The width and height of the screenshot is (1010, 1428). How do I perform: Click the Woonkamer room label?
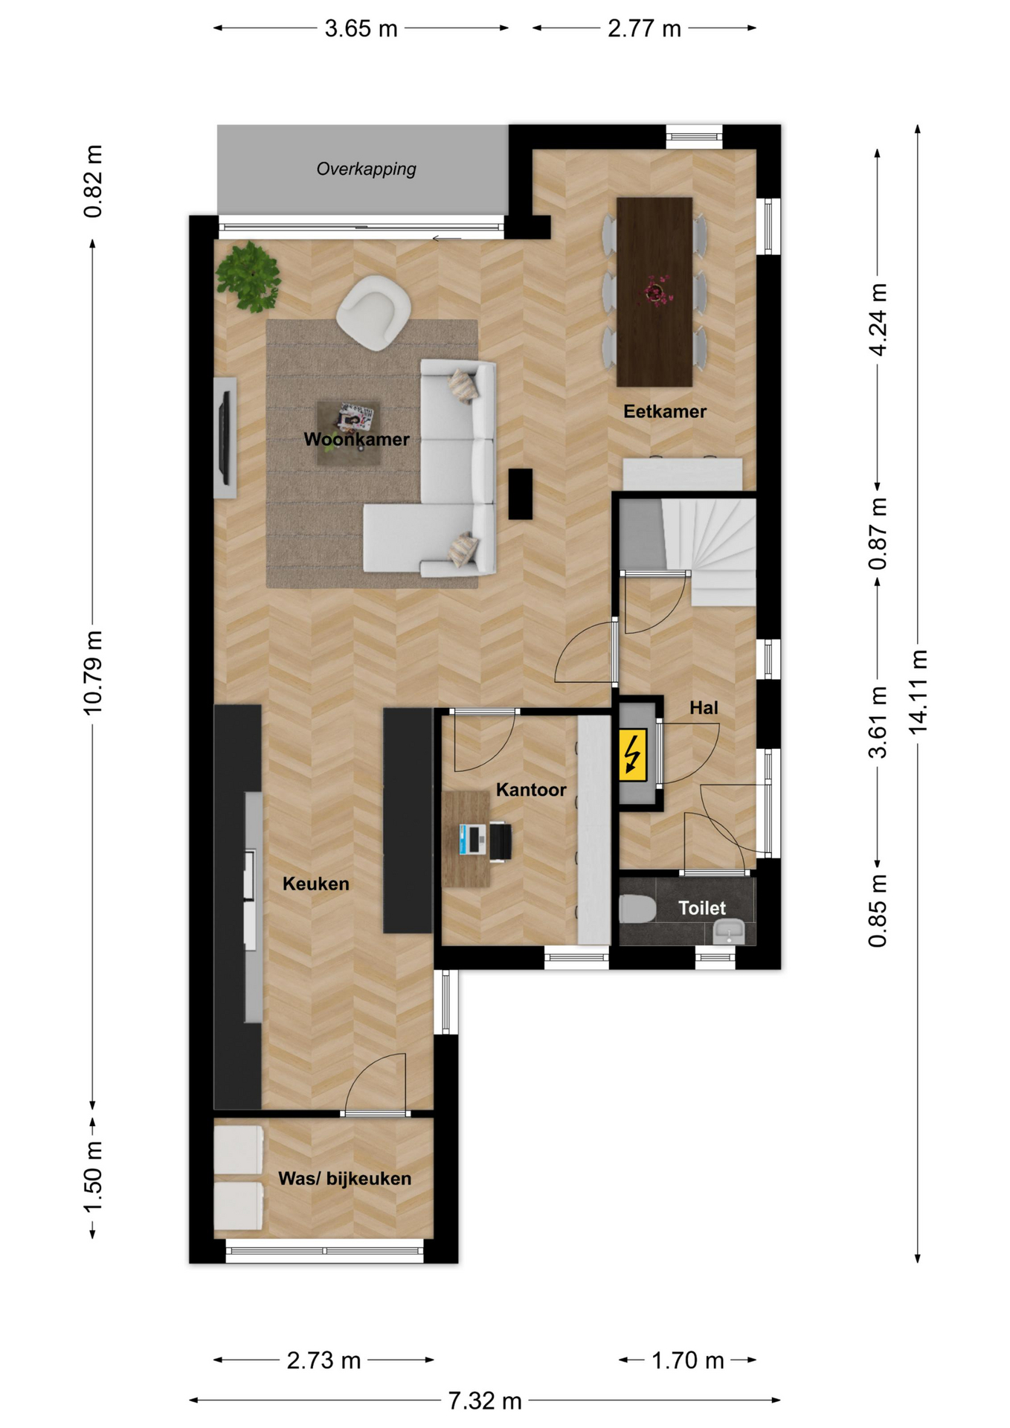[x=356, y=440]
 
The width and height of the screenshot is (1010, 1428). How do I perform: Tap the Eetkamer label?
[x=665, y=411]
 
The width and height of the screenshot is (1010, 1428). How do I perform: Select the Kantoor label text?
[x=531, y=790]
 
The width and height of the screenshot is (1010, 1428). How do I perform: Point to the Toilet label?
[x=702, y=908]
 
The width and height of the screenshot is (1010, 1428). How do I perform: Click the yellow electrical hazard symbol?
[x=633, y=754]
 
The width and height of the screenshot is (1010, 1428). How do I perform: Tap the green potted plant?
[x=248, y=276]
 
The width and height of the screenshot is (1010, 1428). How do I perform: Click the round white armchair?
[x=374, y=312]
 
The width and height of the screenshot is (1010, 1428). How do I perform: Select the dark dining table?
[x=654, y=292]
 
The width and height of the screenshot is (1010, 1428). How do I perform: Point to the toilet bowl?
[x=637, y=909]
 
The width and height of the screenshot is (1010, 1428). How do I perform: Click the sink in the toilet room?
[x=729, y=932]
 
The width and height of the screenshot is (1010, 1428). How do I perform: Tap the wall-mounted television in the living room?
[x=224, y=437]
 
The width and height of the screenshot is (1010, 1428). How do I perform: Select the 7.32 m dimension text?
[x=485, y=1401]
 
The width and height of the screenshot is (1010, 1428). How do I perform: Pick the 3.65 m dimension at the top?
[x=361, y=29]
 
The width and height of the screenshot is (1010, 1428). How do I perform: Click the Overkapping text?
[x=367, y=169]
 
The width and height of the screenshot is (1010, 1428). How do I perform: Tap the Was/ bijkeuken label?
[x=344, y=1179]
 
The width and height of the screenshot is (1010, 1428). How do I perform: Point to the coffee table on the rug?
[x=350, y=433]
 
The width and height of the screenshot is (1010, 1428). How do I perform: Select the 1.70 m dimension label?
[x=688, y=1360]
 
